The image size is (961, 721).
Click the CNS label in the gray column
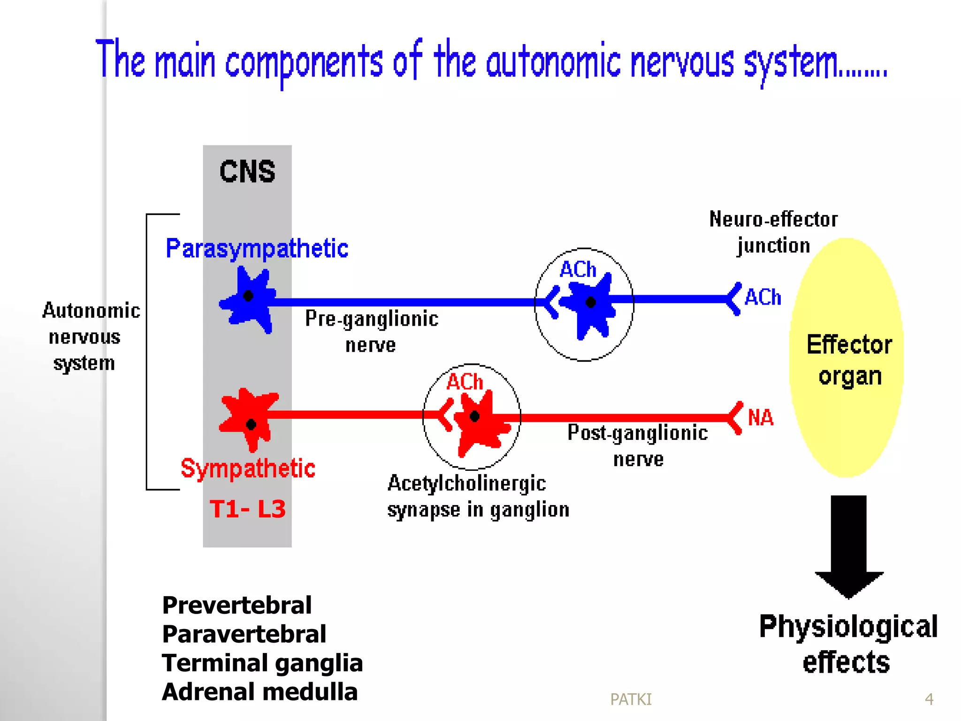click(247, 172)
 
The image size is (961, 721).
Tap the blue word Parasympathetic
click(257, 248)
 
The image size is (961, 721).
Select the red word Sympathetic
click(248, 468)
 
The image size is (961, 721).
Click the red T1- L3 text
click(248, 509)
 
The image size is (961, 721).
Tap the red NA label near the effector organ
click(760, 417)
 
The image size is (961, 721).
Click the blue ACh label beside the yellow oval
click(763, 298)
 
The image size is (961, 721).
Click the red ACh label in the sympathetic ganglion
click(464, 382)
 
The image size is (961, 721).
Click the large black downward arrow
click(848, 545)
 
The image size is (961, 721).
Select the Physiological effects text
click(847, 644)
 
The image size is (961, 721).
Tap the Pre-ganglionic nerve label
click(371, 331)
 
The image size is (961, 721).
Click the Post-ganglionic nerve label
click(637, 445)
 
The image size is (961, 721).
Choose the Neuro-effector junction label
click(773, 232)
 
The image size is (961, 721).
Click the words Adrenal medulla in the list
click(259, 692)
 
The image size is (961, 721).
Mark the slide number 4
click(929, 699)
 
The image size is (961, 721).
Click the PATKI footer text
click(631, 699)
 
